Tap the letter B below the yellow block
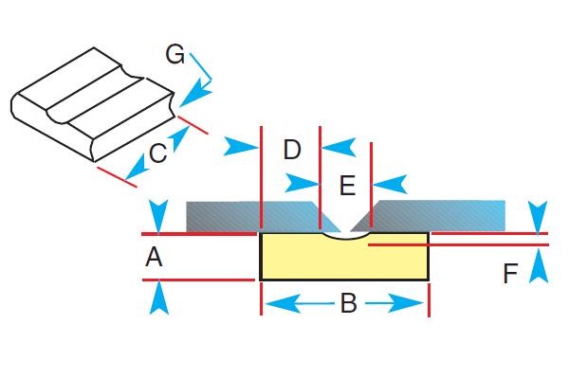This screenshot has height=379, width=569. [347, 304]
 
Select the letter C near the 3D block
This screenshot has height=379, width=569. [158, 153]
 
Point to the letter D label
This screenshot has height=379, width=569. [292, 150]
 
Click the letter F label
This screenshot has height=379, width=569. [511, 275]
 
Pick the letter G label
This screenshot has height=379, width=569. [174, 54]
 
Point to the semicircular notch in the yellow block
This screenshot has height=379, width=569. [345, 237]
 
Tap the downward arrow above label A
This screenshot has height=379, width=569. [158, 216]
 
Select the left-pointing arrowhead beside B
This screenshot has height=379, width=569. [278, 304]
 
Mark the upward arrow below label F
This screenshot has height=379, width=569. [538, 264]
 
